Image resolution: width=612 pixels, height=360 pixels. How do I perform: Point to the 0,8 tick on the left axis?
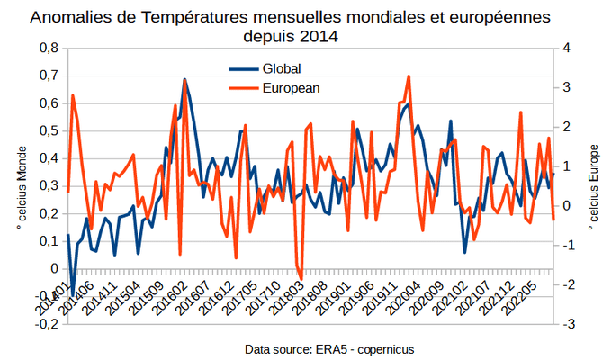48,48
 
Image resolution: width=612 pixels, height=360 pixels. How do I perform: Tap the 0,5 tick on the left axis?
48,130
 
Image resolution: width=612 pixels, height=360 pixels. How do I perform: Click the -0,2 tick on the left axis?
46,323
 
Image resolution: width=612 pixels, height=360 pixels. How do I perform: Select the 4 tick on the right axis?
562,48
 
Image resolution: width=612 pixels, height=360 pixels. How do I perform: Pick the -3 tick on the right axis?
564,323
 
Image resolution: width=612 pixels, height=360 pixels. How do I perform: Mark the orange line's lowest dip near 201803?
302,279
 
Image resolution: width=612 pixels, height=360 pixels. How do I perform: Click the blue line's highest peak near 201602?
184,80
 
